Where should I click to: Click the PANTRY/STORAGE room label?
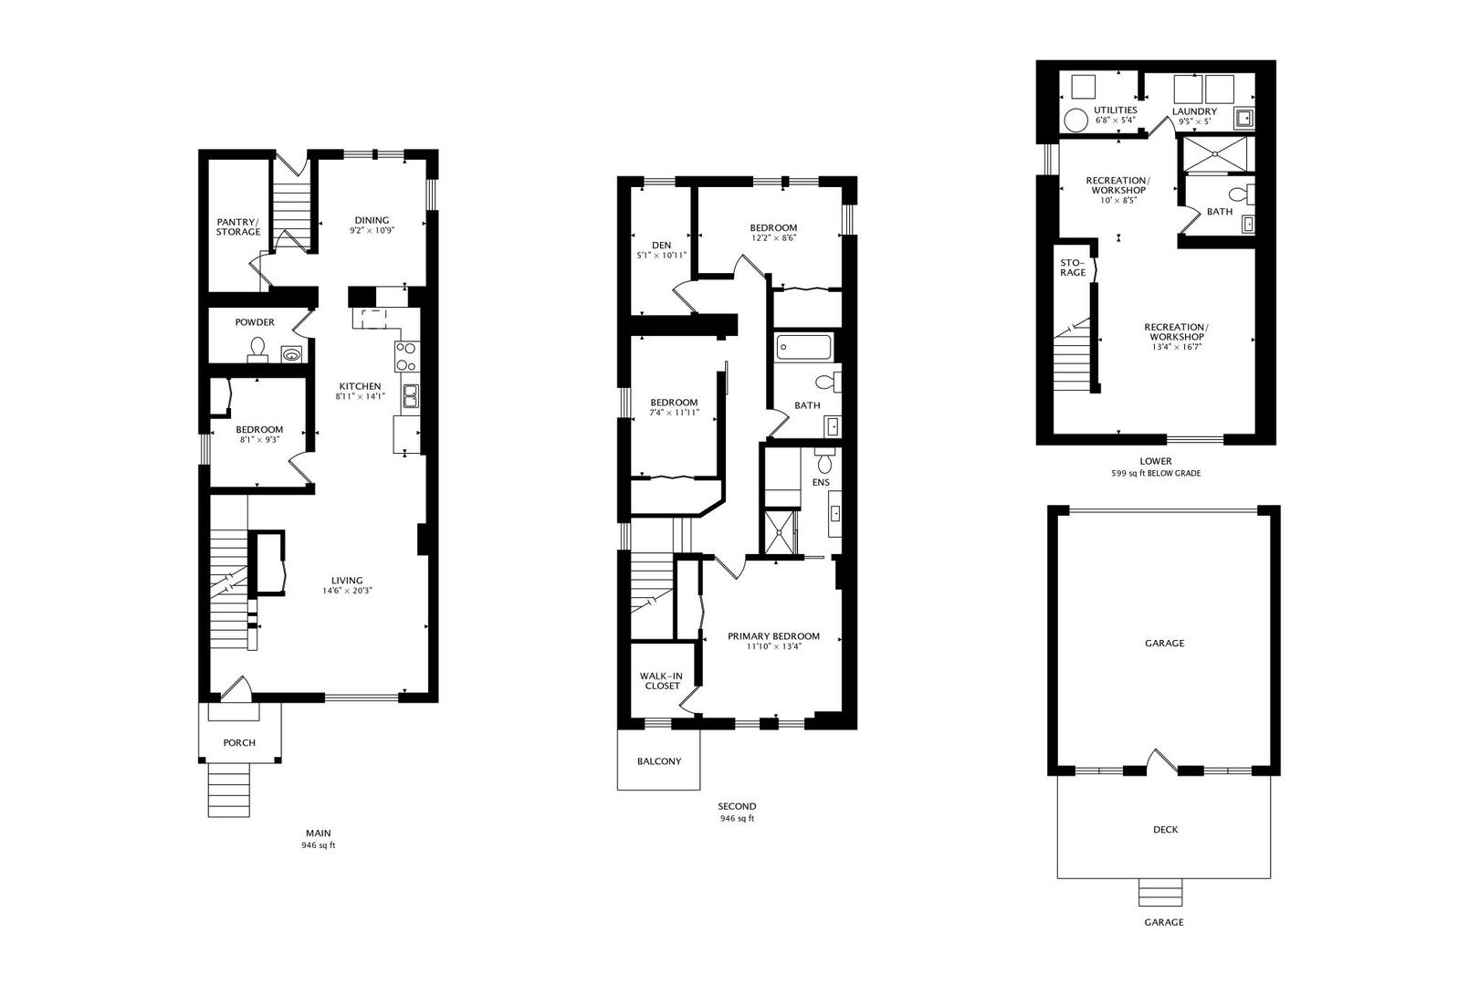click(x=237, y=227)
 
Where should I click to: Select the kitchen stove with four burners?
click(x=406, y=357)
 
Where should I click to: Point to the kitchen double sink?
click(x=410, y=396)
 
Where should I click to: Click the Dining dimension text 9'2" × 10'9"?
click(x=372, y=230)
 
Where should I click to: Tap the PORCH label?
click(x=239, y=743)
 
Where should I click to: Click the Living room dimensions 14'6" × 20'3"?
click(x=347, y=591)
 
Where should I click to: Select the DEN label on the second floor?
click(x=662, y=245)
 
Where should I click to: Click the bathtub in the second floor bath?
click(x=803, y=347)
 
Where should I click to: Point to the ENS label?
click(x=821, y=482)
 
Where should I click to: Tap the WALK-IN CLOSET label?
click(x=662, y=681)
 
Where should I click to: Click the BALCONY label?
click(x=659, y=761)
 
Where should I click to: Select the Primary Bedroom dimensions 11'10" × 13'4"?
click(x=774, y=646)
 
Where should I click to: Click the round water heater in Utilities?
click(x=1075, y=121)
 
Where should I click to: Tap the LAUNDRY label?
click(x=1194, y=111)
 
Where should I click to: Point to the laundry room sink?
click(x=1244, y=119)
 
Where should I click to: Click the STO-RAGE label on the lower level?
click(x=1073, y=267)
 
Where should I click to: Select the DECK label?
click(x=1165, y=830)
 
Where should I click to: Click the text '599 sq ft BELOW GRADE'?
click(x=1156, y=474)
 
